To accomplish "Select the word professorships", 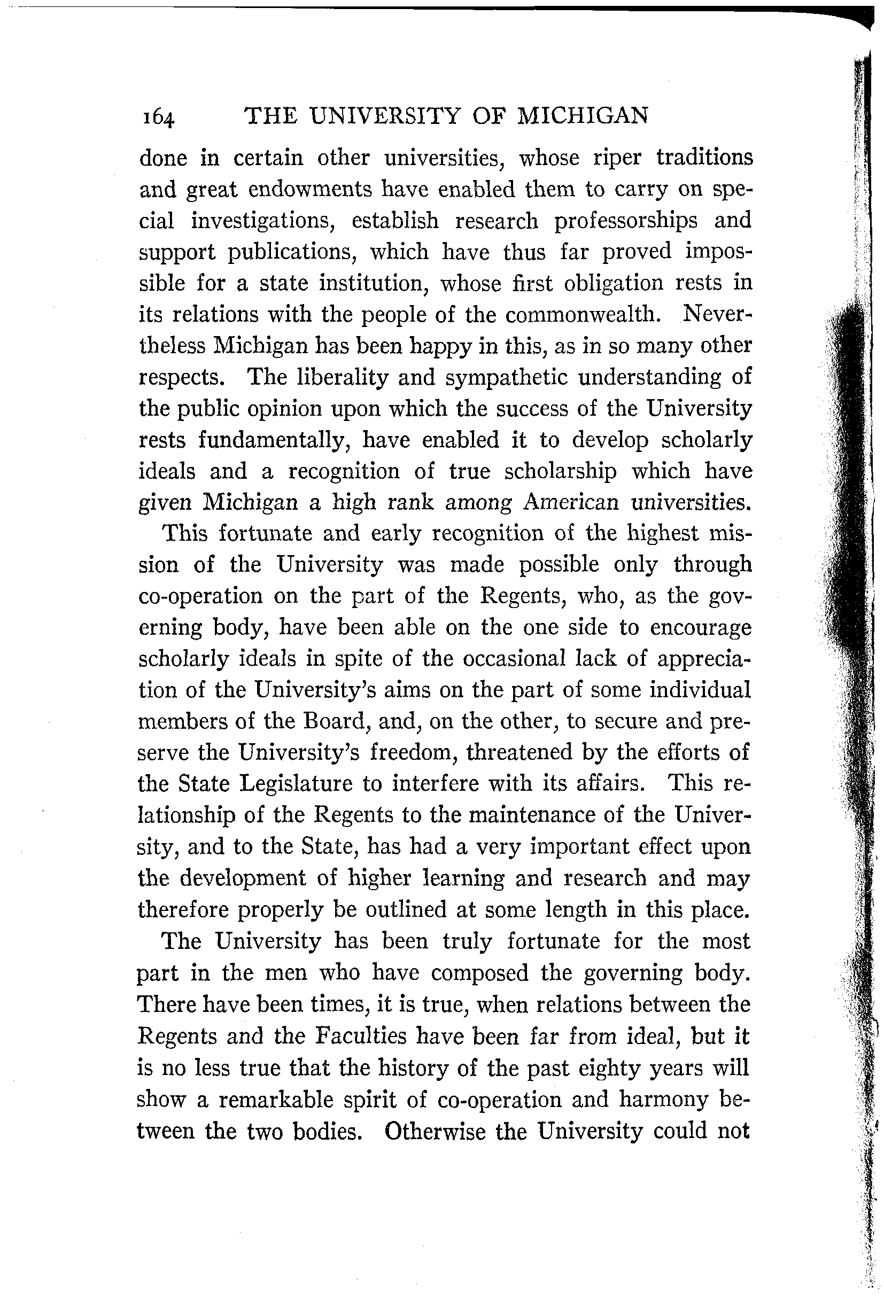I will [x=626, y=221].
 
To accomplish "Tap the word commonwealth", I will [x=580, y=315].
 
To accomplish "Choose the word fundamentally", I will [x=274, y=441].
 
